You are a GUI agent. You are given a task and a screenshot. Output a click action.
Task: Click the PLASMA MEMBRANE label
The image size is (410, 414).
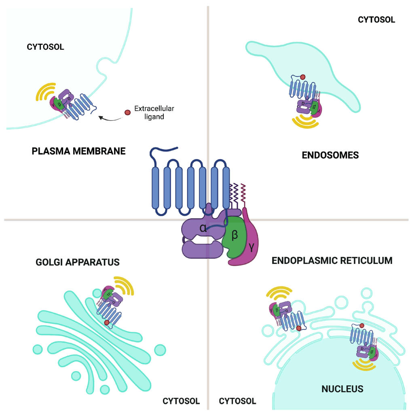point(79,151)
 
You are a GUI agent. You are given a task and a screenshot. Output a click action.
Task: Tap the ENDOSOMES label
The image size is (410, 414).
point(330,155)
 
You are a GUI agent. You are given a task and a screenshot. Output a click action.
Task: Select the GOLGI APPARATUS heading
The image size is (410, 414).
point(78,262)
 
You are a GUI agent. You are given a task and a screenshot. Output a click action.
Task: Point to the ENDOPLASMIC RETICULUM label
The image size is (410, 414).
point(332,260)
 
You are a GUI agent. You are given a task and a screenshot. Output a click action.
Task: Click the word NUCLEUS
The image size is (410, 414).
point(342,389)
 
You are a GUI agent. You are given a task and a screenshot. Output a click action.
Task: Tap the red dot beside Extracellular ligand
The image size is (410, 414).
point(127,112)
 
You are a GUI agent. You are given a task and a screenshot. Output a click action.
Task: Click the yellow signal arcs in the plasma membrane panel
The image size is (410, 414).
point(45,92)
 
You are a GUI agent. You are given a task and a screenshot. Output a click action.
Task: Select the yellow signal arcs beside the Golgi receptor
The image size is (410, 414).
point(124,286)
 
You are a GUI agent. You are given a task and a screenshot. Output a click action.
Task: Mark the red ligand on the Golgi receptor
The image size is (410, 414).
point(107,322)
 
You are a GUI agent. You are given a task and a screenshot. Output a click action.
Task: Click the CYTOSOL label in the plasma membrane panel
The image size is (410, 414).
point(45,47)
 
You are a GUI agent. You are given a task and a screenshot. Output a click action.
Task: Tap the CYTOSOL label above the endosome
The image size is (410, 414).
point(376,19)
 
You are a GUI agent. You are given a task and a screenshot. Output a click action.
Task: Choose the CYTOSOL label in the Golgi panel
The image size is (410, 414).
point(181,401)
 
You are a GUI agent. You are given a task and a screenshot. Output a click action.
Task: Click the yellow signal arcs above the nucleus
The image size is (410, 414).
point(364,364)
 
